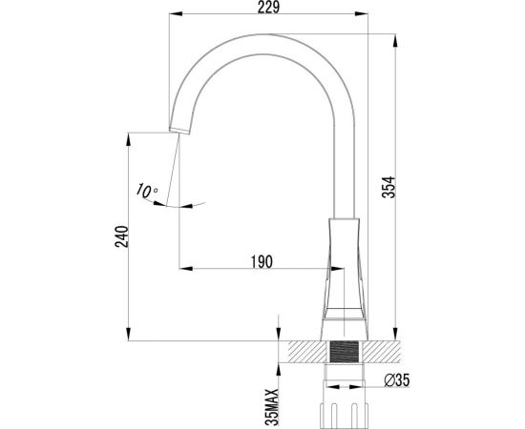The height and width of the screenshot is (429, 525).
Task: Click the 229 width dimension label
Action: pos(268,7)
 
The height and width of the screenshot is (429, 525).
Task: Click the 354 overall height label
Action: pos(388,187)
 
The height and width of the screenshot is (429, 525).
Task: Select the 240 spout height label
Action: pos(121,236)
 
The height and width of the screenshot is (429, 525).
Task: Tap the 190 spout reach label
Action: pos(262,261)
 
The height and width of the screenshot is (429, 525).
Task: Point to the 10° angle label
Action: pos(147,191)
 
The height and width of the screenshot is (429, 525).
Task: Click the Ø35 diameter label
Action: pos(396,380)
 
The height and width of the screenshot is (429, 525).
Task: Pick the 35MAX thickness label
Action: pos(272,407)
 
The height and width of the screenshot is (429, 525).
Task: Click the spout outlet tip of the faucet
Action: pos(179,131)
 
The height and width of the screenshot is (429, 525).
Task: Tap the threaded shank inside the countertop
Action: pos(345,352)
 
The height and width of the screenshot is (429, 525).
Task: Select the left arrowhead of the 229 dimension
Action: pos(176,13)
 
